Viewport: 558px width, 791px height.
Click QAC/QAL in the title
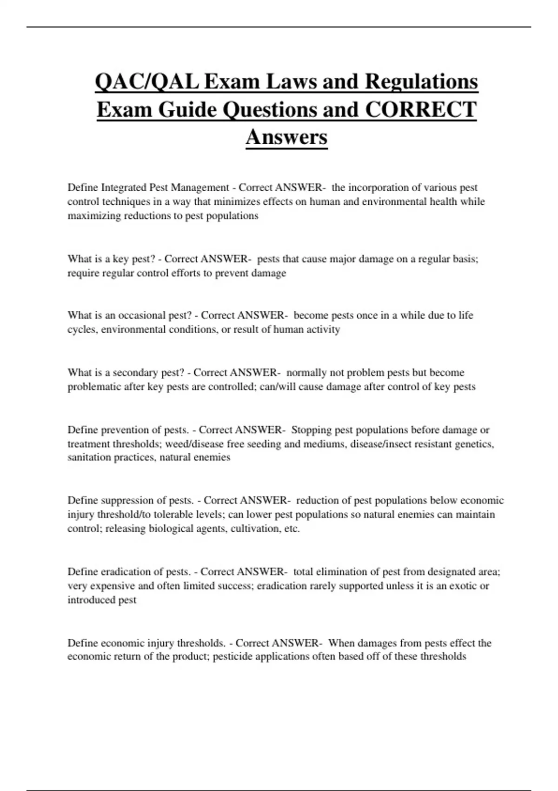point(147,82)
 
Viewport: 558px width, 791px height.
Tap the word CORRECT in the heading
point(421,110)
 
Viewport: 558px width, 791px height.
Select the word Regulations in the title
point(421,82)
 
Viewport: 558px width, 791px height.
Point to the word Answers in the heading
point(286,137)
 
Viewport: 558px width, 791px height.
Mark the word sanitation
point(88,457)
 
